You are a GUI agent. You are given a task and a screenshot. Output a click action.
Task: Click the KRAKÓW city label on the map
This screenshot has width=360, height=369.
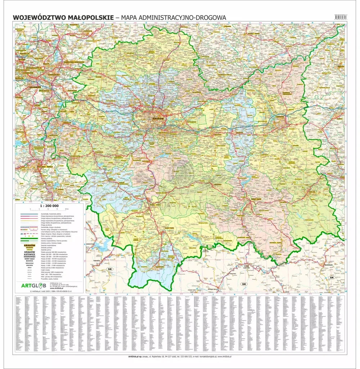click(158, 118)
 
